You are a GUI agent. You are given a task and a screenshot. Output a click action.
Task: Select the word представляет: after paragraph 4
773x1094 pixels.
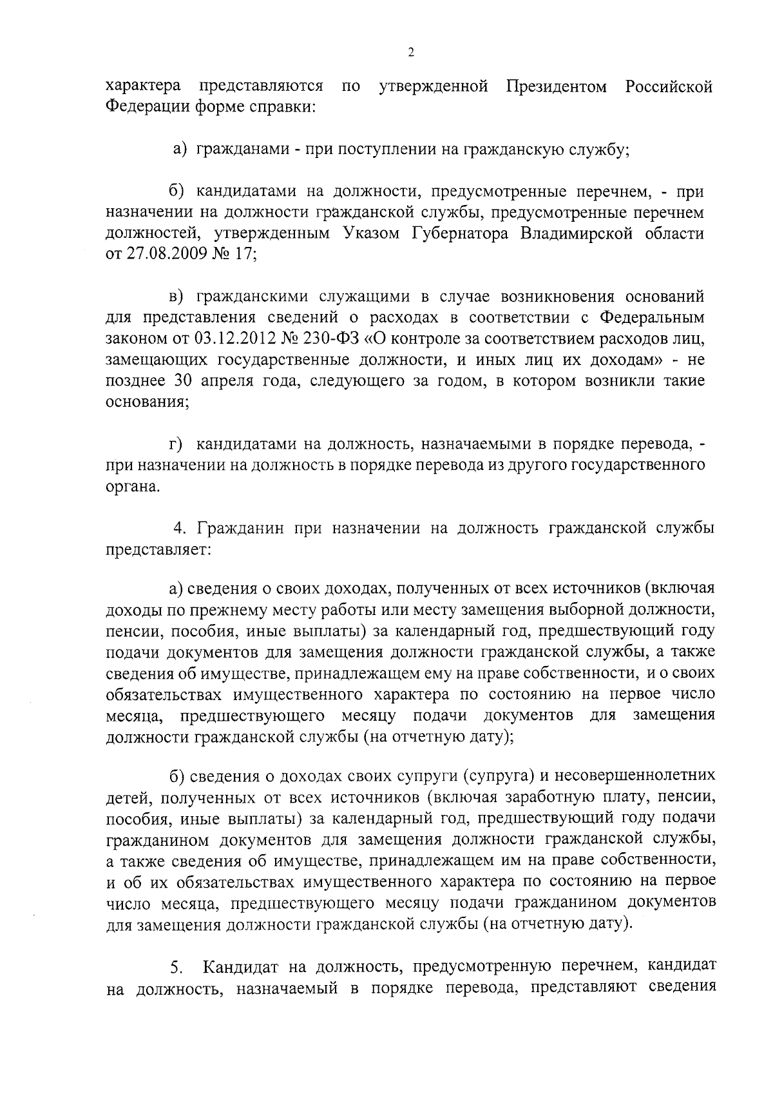(x=150, y=550)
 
